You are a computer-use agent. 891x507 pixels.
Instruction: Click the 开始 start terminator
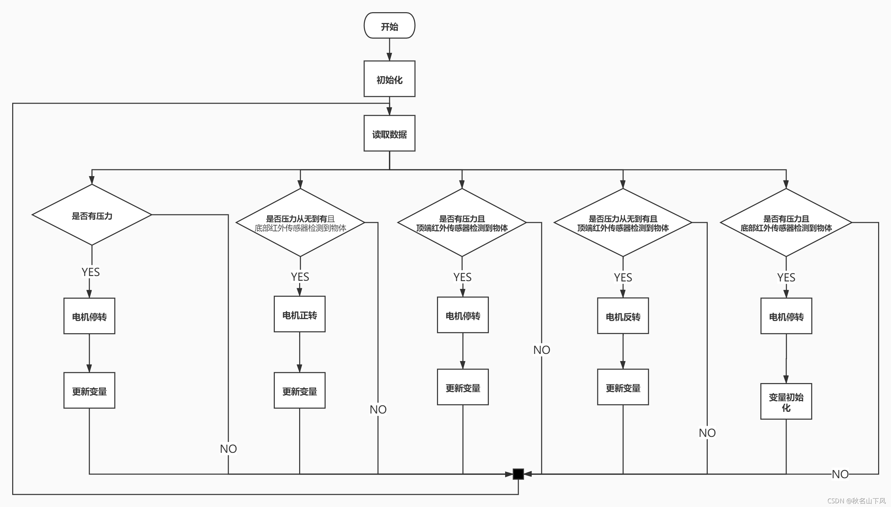[389, 25]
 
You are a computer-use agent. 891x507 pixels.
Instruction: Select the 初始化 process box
[389, 79]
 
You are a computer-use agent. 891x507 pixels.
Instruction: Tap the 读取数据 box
[389, 133]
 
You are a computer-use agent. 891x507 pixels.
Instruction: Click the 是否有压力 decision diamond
[91, 215]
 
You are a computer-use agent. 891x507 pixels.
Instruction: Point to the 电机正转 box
[299, 314]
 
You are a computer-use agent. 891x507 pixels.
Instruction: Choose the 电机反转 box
[623, 316]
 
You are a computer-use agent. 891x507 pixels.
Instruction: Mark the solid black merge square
[518, 474]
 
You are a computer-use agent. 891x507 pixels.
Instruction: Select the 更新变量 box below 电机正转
[299, 390]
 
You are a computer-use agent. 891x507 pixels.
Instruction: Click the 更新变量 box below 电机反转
[623, 387]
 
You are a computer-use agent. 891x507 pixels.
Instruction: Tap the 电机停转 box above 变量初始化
[786, 316]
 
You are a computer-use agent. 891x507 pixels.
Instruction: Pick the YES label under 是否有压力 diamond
[90, 272]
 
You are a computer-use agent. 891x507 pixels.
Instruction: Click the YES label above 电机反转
[623, 277]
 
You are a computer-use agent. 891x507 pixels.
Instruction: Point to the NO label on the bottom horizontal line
[840, 474]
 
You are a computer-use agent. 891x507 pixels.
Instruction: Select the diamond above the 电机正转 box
[300, 223]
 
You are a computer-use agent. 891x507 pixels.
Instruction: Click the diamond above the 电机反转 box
[623, 223]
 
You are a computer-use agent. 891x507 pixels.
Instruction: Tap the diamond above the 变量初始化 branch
[786, 223]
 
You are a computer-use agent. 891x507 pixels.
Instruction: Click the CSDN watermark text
[856, 501]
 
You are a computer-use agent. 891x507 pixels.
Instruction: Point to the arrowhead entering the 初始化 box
[389, 57]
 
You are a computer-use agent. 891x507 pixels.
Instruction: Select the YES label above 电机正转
[300, 277]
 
